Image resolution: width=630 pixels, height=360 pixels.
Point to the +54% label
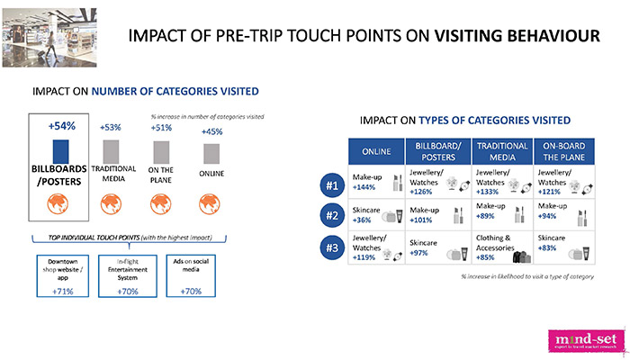click(x=60, y=126)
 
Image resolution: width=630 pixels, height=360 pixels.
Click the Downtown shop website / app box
click(x=60, y=274)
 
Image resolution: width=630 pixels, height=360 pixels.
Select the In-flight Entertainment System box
click(x=127, y=274)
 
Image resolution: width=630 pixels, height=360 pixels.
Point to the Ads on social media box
click(x=192, y=274)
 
